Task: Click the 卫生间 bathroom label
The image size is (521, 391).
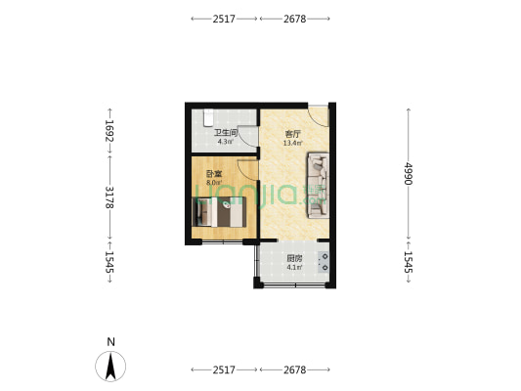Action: coord(226,132)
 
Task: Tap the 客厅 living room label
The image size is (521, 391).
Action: coord(292,133)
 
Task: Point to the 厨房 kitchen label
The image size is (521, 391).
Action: coord(294,259)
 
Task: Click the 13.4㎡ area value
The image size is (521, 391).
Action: coord(292,143)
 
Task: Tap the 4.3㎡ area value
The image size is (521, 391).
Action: coord(226,142)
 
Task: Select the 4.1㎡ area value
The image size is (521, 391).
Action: coord(294,268)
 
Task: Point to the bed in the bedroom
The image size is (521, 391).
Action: coord(223,211)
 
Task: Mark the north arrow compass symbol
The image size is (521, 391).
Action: coord(111,366)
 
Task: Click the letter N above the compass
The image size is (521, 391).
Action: coord(111,341)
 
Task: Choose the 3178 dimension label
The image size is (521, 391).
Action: coord(110,197)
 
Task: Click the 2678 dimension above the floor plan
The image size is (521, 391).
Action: coord(295,19)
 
